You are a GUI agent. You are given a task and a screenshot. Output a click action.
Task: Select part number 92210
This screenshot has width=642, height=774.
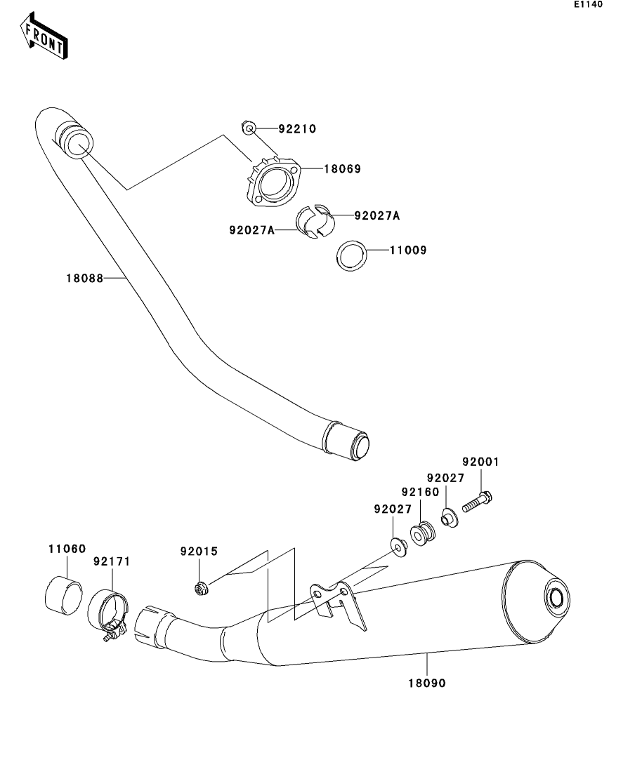click(x=297, y=129)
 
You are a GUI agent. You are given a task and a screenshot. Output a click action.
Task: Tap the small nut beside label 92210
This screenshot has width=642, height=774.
click(x=248, y=128)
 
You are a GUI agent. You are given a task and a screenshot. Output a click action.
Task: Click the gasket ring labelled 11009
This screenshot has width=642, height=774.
click(x=351, y=255)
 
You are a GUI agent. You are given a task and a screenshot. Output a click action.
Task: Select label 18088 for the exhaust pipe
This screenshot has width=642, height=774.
click(x=85, y=278)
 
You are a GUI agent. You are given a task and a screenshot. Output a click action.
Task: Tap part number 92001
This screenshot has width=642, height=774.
click(x=480, y=462)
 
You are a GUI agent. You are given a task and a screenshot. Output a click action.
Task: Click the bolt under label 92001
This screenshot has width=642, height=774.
click(x=477, y=501)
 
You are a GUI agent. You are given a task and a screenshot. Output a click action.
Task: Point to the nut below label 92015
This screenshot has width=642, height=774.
click(x=201, y=588)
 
